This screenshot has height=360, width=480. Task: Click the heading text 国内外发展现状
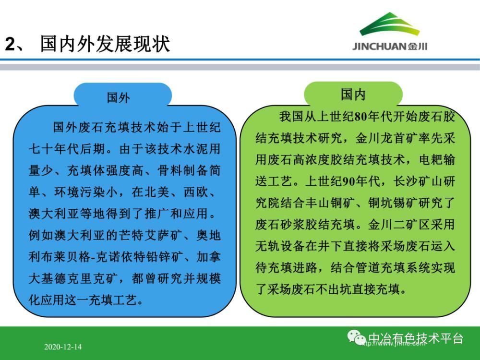pos(105,44)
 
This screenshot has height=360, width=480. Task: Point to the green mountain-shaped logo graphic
pos(389,24)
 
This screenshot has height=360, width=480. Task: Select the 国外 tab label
pos(119,98)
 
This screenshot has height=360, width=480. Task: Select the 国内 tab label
pos(353,95)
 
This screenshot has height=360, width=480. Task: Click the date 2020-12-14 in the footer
pos(63,347)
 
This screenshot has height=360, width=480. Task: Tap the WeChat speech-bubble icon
pos(356,337)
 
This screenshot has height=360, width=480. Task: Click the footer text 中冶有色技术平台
pos(415,338)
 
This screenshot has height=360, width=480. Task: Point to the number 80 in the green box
pos(361,117)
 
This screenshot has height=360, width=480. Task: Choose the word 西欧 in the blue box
pos(196,192)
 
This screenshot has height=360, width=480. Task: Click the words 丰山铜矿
pos(330,203)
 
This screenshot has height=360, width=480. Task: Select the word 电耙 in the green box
pos(431,160)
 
